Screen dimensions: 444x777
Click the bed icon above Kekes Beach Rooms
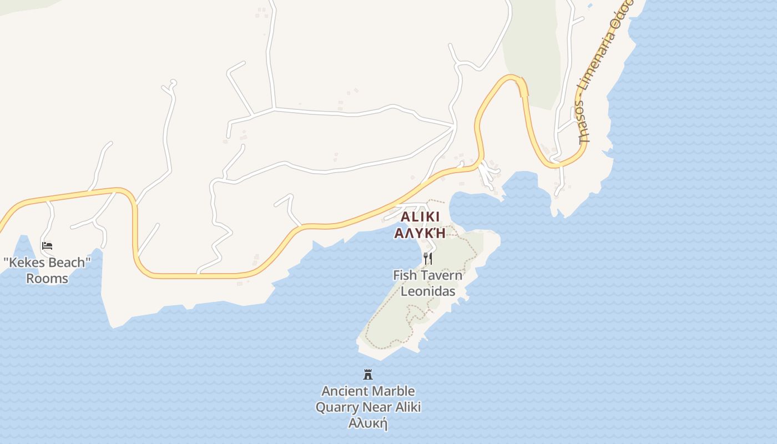(47, 245)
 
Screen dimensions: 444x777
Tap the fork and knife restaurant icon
(427, 259)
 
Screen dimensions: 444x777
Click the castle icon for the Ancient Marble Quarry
(367, 375)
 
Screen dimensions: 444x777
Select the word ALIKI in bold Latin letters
(420, 217)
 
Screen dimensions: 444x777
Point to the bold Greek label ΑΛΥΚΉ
(420, 233)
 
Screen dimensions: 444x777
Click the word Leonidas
(428, 291)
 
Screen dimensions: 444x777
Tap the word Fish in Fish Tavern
(405, 275)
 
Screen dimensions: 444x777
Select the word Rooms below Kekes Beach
(47, 279)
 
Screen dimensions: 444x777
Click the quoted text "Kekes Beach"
(47, 263)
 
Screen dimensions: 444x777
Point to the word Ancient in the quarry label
(344, 391)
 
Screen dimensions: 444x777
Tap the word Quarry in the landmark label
(337, 407)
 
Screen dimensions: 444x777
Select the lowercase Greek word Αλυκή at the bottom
(367, 423)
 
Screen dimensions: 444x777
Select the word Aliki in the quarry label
(408, 407)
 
